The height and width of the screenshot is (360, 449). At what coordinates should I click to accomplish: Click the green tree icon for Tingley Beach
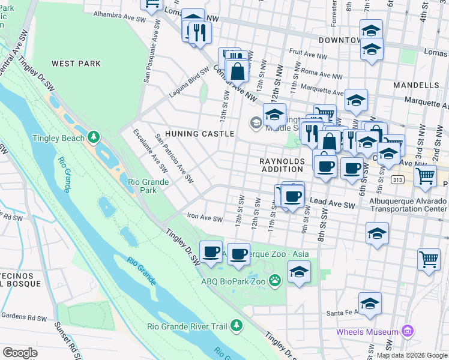point(93,137)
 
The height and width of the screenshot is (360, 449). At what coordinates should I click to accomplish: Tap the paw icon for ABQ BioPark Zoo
point(275,280)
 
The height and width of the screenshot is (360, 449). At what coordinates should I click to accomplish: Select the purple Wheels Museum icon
point(408,331)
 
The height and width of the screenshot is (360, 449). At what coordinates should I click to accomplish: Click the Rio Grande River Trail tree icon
point(237,326)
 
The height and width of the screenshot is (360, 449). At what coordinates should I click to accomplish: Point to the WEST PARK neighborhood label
point(76,63)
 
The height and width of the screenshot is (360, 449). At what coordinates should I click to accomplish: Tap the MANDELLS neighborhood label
point(416,85)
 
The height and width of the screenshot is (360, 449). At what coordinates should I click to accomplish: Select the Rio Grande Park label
point(142,186)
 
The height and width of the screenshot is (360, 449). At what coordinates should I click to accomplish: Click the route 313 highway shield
point(396,179)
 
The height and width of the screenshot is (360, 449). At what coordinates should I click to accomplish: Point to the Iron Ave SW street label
point(205,219)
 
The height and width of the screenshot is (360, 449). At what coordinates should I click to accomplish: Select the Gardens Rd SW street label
point(24,317)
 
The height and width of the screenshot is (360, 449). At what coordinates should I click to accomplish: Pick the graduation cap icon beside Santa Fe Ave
point(370,304)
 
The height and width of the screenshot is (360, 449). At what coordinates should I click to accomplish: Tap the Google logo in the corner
point(20,352)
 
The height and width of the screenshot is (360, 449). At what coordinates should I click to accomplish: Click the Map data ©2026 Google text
point(411,355)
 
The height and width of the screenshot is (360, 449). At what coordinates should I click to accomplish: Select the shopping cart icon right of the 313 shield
point(425,176)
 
